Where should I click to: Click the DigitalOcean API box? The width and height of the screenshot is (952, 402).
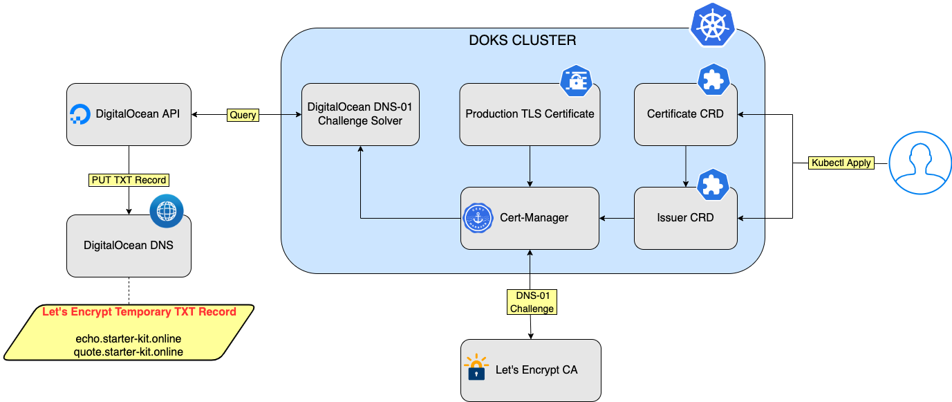click(x=129, y=115)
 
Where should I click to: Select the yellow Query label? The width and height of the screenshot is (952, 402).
click(x=243, y=116)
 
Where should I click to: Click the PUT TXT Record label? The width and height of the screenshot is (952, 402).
click(x=129, y=180)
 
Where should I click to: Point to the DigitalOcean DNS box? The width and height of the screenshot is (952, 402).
click(x=129, y=245)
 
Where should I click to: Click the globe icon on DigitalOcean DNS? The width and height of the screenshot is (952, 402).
click(x=167, y=211)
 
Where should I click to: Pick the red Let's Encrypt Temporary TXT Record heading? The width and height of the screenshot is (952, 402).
click(x=139, y=312)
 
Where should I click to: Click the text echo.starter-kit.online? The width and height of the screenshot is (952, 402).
click(x=128, y=339)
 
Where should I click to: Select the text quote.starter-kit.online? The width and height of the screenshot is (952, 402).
click(x=128, y=352)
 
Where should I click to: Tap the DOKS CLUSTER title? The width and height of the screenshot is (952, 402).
click(x=522, y=40)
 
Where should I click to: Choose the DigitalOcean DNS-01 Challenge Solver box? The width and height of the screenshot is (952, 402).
click(x=360, y=114)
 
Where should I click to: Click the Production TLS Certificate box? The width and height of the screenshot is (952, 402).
click(x=530, y=114)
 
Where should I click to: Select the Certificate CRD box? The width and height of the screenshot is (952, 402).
click(x=685, y=114)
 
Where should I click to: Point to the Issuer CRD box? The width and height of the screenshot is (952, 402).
click(x=685, y=218)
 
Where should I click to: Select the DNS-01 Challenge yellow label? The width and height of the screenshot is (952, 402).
click(x=531, y=302)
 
